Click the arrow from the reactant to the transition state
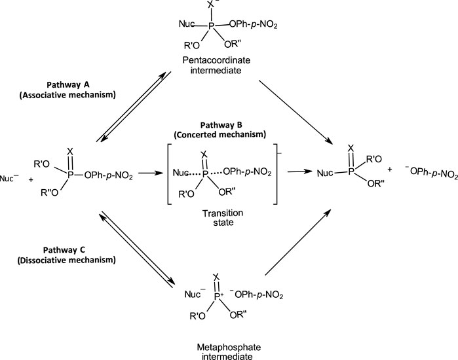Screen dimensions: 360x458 click(147, 173)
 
